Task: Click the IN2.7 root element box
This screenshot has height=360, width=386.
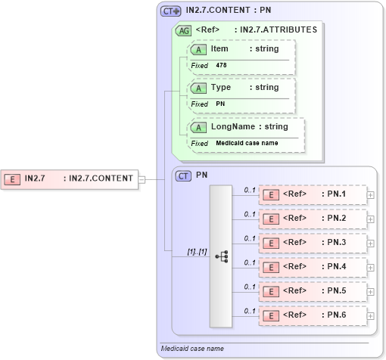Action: [x=69, y=179]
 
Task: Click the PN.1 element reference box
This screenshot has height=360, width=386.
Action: [x=313, y=194]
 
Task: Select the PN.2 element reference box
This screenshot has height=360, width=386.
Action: [x=313, y=219]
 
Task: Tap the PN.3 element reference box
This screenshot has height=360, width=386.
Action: [x=313, y=243]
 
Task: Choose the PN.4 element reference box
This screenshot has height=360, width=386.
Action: [x=313, y=267]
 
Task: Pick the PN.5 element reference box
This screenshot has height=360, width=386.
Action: [x=313, y=290]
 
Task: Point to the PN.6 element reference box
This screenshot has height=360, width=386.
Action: [x=313, y=315]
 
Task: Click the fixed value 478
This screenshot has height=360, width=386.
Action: [x=221, y=66]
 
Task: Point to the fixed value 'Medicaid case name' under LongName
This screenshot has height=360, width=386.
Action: [x=246, y=143]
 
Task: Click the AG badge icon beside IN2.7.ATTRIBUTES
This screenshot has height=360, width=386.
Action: [x=182, y=30]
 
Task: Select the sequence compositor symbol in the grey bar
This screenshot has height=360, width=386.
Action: [x=221, y=256]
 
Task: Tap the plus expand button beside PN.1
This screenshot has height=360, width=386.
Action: [x=370, y=195]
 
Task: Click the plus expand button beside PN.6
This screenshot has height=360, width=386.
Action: [x=370, y=315]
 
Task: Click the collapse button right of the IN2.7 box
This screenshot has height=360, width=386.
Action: [x=141, y=179]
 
